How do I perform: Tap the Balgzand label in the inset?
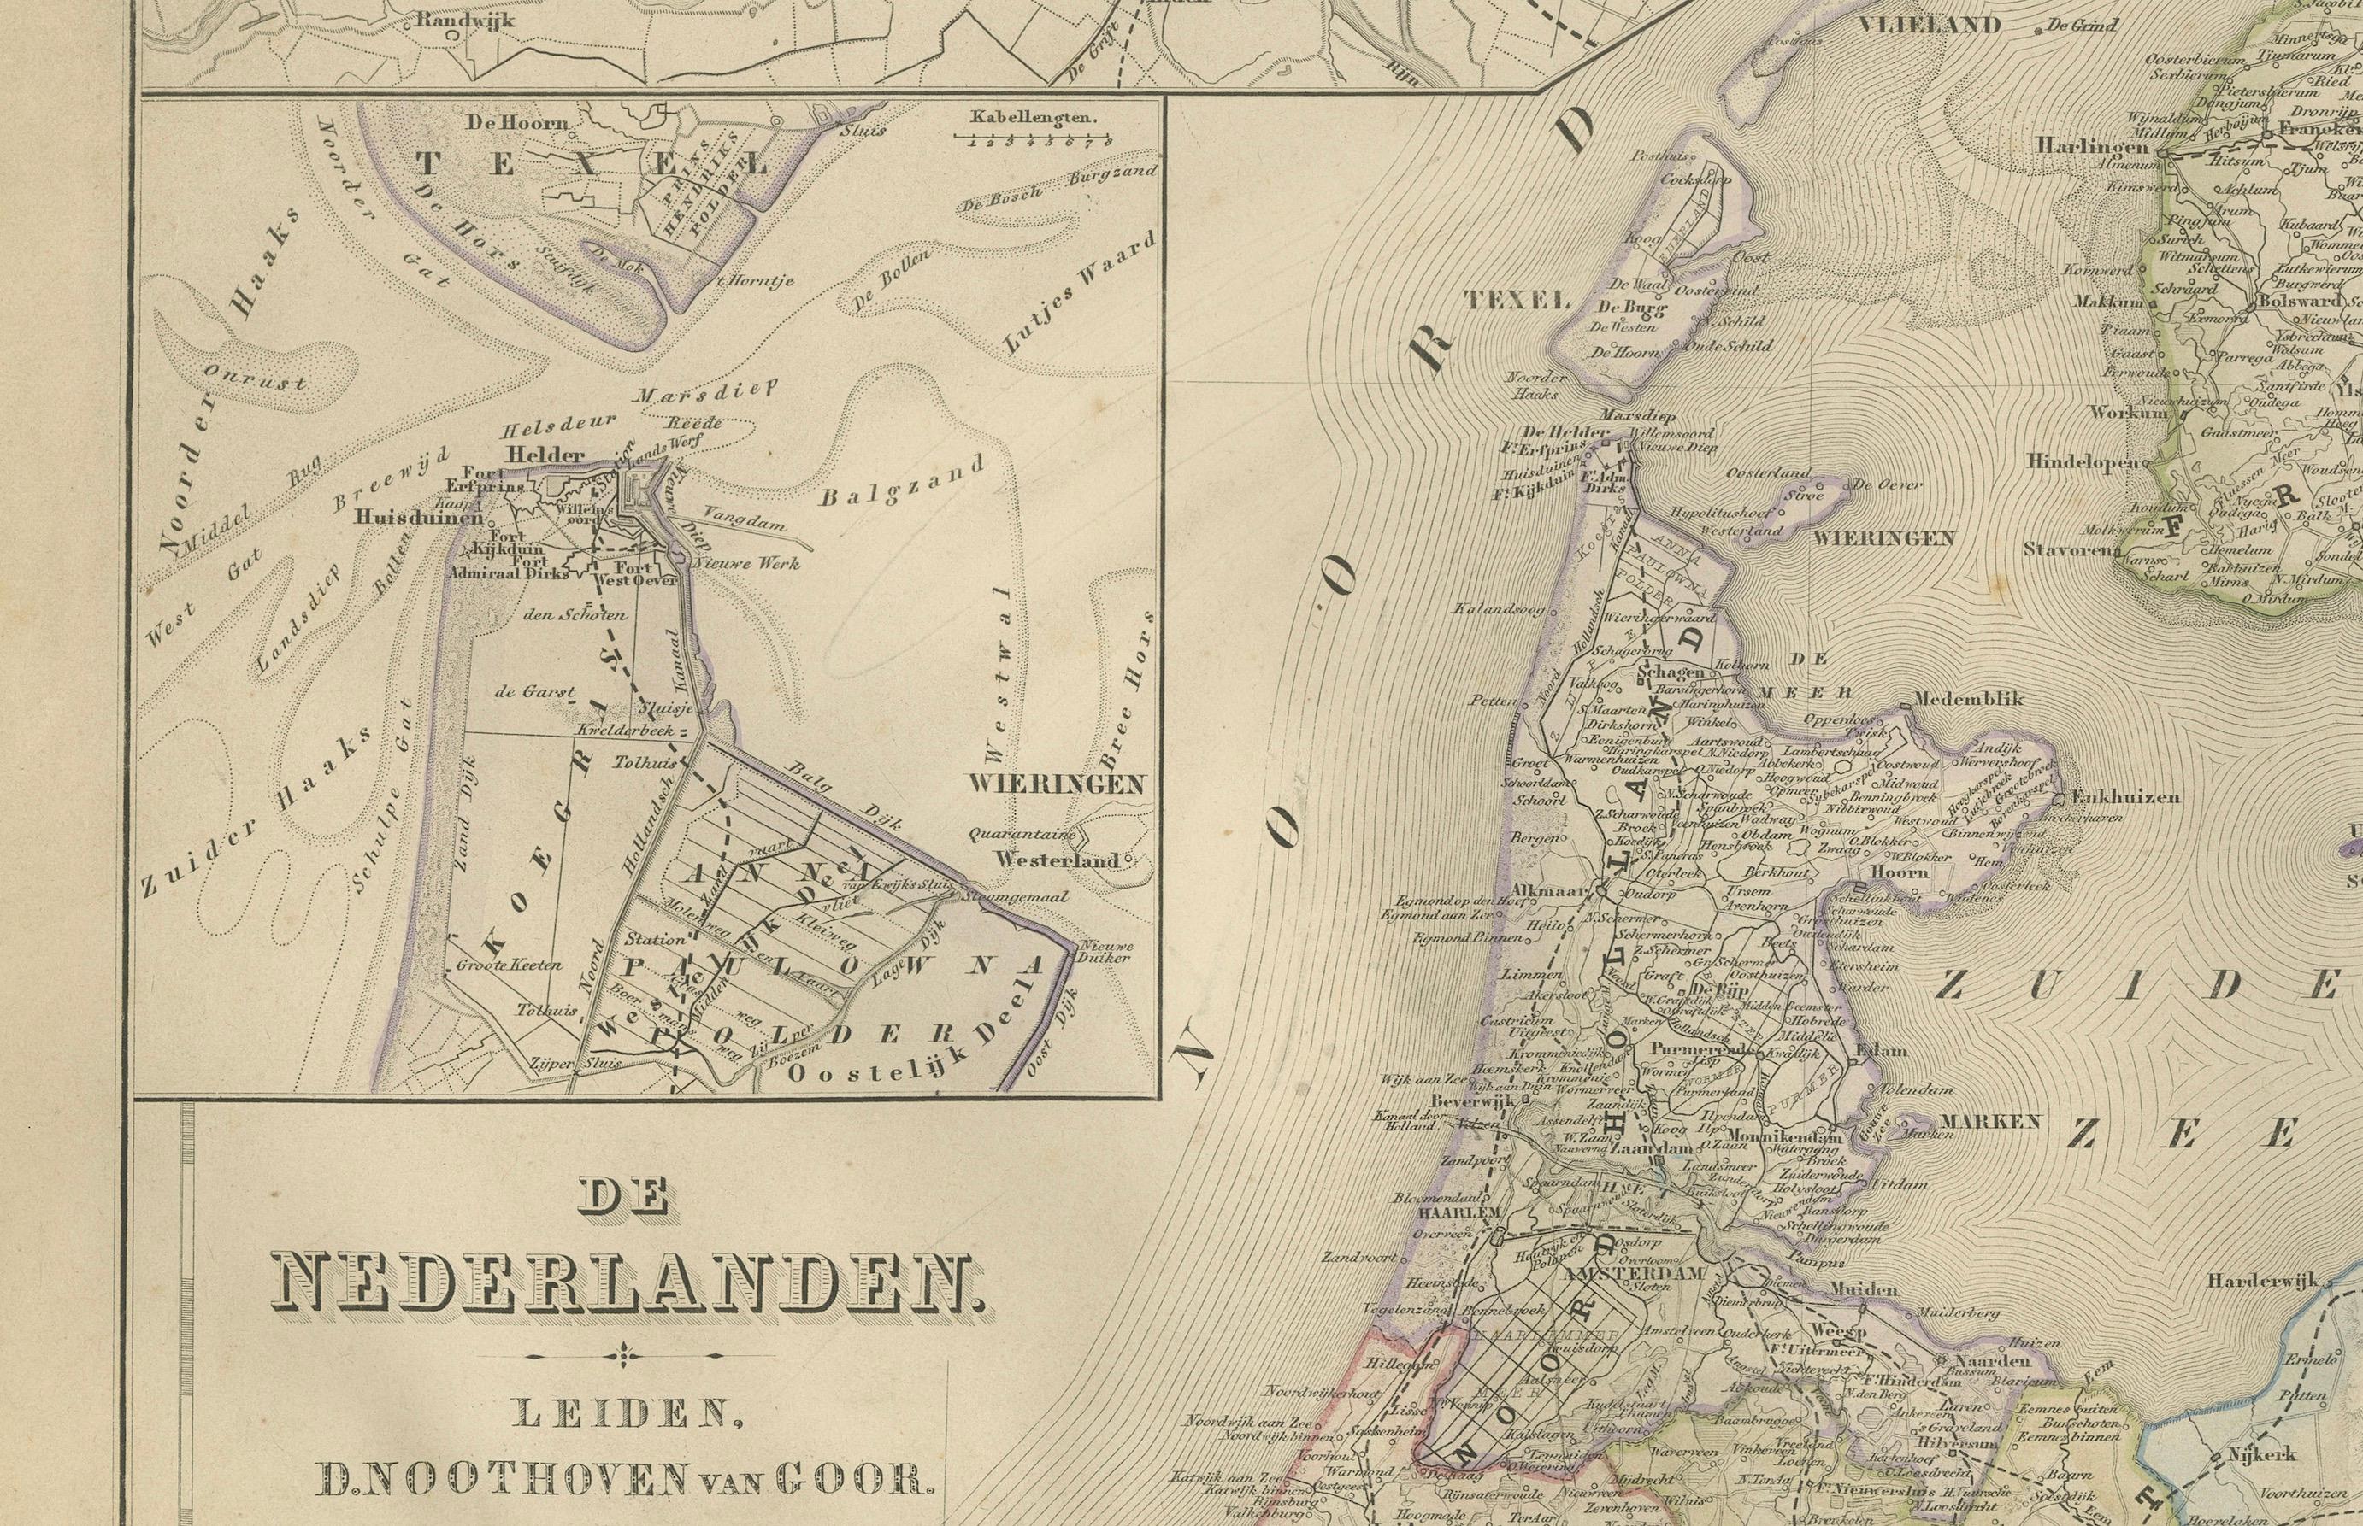pyautogui.click(x=902, y=483)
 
